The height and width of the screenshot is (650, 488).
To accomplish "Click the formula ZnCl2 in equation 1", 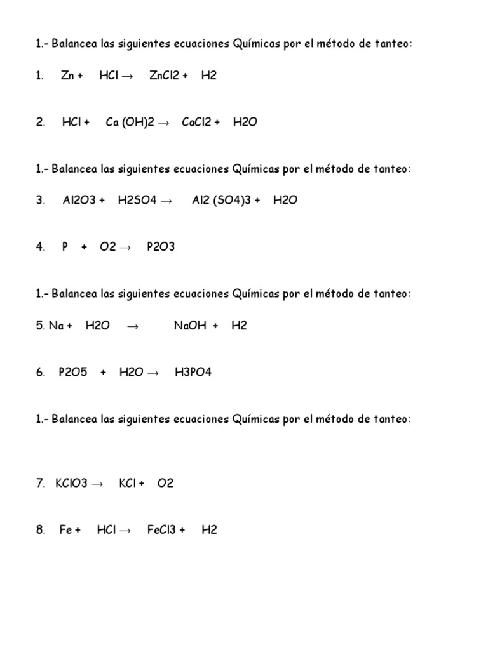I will pyautogui.click(x=164, y=76).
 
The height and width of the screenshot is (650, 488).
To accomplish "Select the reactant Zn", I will pyautogui.click(x=67, y=76).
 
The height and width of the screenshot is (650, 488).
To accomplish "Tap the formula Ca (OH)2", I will pyautogui.click(x=130, y=123).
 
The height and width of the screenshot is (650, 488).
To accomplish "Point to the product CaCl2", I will pyautogui.click(x=196, y=123).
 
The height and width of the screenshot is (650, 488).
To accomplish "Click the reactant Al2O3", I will pyautogui.click(x=79, y=200).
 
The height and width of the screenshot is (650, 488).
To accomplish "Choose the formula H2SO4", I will pyautogui.click(x=136, y=200).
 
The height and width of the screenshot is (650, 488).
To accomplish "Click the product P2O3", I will pyautogui.click(x=161, y=247).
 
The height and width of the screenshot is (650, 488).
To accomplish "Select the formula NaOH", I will pyautogui.click(x=189, y=326).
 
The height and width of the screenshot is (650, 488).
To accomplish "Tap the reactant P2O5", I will pyautogui.click(x=72, y=373).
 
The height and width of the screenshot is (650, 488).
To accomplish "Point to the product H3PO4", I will pyautogui.click(x=193, y=373).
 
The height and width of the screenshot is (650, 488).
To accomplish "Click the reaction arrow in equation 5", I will pyautogui.click(x=132, y=326).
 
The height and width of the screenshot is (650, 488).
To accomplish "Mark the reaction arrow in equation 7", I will pyautogui.click(x=97, y=484).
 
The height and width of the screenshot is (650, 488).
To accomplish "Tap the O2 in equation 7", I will pyautogui.click(x=165, y=483).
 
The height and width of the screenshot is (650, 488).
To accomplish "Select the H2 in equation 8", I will pyautogui.click(x=209, y=530).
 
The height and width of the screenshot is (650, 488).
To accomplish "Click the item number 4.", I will pyautogui.click(x=39, y=247).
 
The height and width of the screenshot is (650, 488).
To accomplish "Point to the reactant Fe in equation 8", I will pyautogui.click(x=65, y=530).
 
